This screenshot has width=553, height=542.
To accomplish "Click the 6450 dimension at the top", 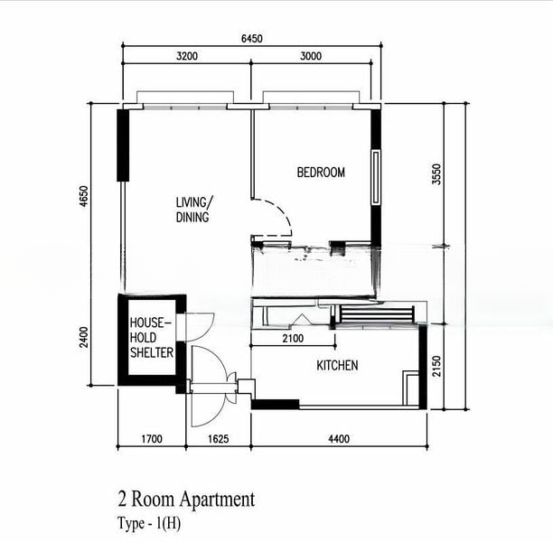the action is point(252,38).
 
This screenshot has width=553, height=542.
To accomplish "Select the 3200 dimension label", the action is point(187,56).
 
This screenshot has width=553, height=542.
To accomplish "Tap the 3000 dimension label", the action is point(311,56).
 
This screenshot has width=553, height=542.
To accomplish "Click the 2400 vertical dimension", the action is point(84,337).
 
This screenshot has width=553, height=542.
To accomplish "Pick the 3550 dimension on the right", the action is point(436,174).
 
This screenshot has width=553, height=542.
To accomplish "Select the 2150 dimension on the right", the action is point(436,366).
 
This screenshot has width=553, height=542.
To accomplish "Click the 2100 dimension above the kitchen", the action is point(293,339).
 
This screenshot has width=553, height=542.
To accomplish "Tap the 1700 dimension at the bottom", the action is point(152,439).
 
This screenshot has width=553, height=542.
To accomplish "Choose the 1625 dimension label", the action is point(219,439).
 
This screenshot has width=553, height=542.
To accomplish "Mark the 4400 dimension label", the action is point(339,439).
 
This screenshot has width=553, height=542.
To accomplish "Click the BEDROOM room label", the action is point(321,173).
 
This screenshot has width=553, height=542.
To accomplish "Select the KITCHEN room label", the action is point(337,365).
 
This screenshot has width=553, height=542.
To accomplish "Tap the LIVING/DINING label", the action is point(194,210).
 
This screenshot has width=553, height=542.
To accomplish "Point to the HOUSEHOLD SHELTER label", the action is point(152,338).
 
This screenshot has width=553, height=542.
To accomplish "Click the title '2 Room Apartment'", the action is point(186,500).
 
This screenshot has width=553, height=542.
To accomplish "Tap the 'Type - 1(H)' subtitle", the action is point(149,523).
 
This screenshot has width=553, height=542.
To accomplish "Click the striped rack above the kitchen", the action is point(377,313).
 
